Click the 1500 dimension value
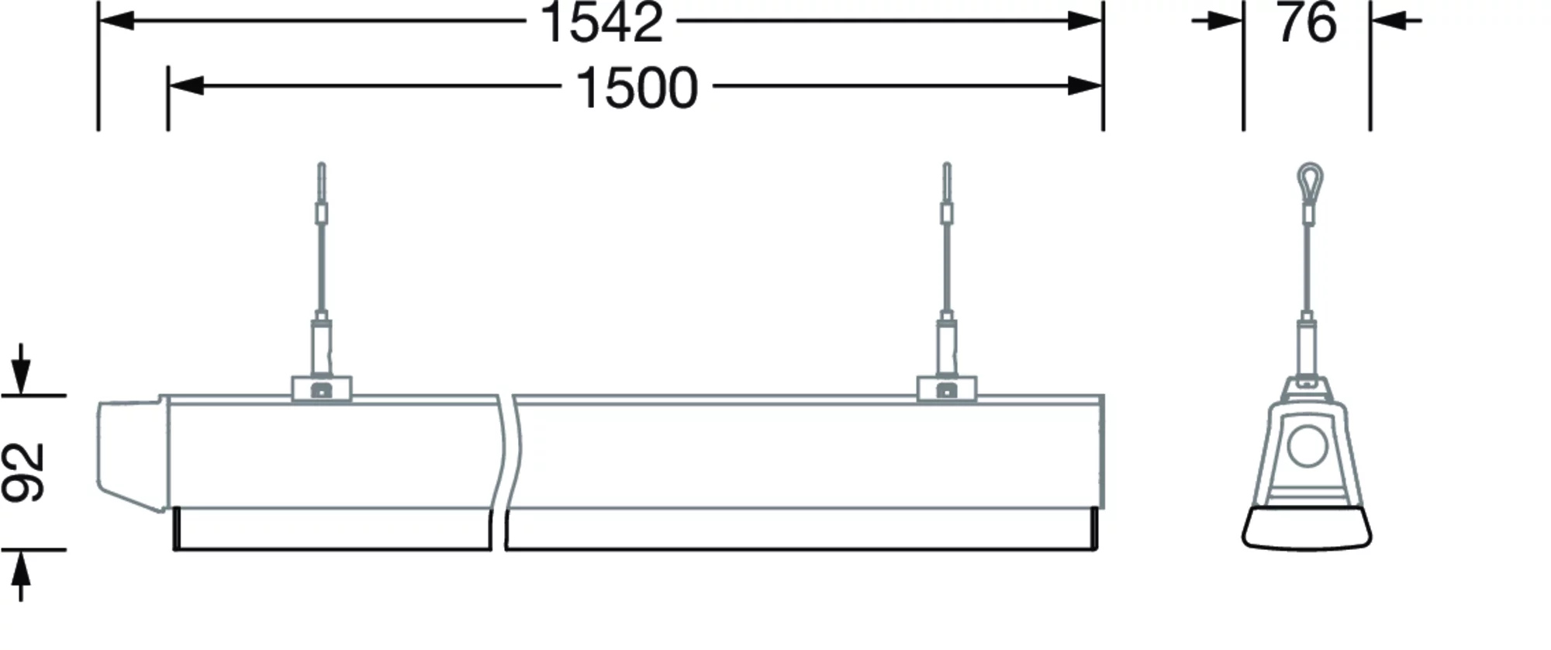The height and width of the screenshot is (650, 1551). click(x=637, y=87)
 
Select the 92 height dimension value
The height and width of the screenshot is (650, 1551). click(x=23, y=472)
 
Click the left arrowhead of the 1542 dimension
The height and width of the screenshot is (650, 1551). click(x=116, y=21)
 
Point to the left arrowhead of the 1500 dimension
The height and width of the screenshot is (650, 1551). click(x=186, y=86)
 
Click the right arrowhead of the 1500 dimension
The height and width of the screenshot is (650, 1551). click(x=1084, y=86)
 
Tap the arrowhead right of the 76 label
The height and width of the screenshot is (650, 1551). click(x=1388, y=21)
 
